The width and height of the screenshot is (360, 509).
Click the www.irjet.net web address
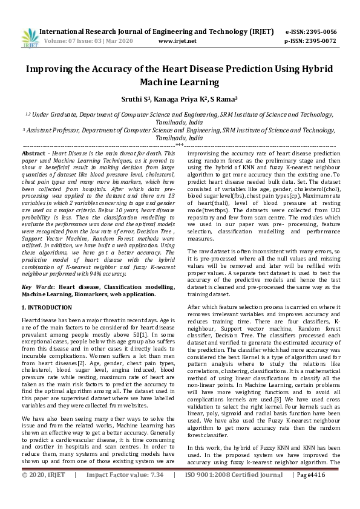tap(177, 41)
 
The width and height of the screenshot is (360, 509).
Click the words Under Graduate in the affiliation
tap(53, 114)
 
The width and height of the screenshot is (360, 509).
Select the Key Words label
tap(38, 287)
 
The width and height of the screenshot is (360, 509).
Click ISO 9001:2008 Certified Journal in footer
tap(232, 492)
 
